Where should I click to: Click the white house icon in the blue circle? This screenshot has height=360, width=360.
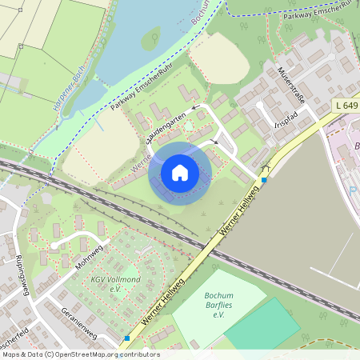tap(180, 172)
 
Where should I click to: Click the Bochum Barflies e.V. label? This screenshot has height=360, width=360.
tap(218, 304)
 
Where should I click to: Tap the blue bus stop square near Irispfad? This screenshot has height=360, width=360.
tap(264, 179)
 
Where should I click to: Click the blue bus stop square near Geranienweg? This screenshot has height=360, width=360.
tap(126, 338)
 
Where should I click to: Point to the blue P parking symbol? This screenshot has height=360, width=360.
tap(353, 190)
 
